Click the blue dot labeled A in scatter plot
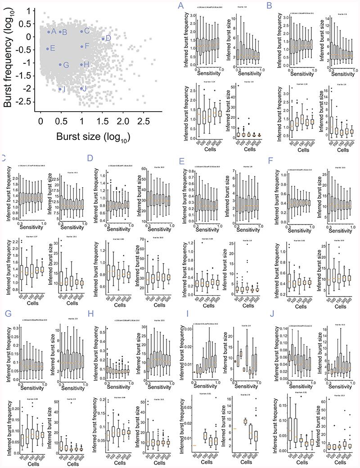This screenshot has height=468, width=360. [x=49, y=32]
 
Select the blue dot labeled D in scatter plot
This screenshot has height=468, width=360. [x=103, y=39]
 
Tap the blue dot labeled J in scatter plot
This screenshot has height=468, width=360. [x=81, y=88]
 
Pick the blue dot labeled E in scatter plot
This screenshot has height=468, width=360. [x=48, y=49]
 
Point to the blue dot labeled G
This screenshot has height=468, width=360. [x=60, y=65]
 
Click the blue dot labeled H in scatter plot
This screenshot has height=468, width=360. [x=81, y=64]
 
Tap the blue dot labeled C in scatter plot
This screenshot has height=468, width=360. [x=81, y=31]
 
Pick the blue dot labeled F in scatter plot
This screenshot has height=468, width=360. [x=81, y=46]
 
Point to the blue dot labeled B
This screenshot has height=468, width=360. [x=60, y=32]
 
